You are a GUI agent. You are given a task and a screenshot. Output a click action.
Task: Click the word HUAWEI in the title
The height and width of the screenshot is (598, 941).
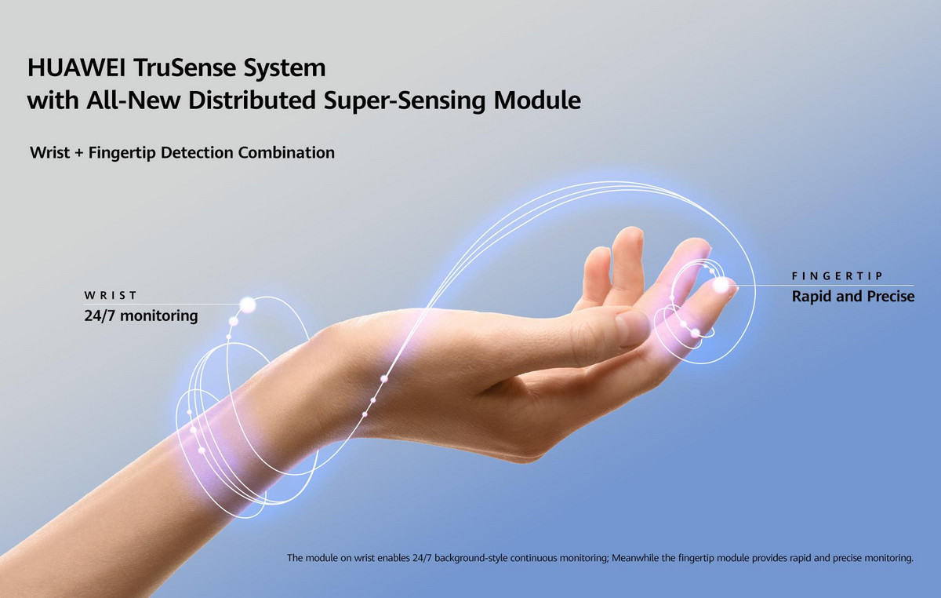76,67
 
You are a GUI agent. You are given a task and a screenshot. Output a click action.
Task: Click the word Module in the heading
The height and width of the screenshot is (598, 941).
537,100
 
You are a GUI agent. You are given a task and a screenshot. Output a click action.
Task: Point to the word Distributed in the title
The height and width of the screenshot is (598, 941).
252,100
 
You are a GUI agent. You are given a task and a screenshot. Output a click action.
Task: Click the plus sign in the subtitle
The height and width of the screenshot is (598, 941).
79,153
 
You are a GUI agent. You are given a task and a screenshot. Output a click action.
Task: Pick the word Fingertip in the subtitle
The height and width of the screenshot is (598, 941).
122,153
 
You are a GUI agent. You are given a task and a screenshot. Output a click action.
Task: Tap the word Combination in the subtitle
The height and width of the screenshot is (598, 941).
286,152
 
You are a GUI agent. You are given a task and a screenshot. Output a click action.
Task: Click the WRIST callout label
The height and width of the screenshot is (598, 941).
111,296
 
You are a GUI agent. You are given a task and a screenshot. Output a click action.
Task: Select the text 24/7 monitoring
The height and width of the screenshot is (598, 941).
140,315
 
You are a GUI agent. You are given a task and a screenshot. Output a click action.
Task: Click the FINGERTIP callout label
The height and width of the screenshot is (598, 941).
837,276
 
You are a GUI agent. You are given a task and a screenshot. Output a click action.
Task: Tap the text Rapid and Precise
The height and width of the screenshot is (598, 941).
853,297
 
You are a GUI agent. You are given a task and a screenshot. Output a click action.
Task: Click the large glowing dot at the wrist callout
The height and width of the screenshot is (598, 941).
248,305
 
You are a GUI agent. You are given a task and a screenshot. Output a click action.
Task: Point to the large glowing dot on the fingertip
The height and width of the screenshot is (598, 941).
721,285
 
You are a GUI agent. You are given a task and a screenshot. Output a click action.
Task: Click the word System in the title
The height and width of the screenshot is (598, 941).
285,68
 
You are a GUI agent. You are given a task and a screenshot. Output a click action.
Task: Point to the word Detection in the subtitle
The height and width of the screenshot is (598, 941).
197,152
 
